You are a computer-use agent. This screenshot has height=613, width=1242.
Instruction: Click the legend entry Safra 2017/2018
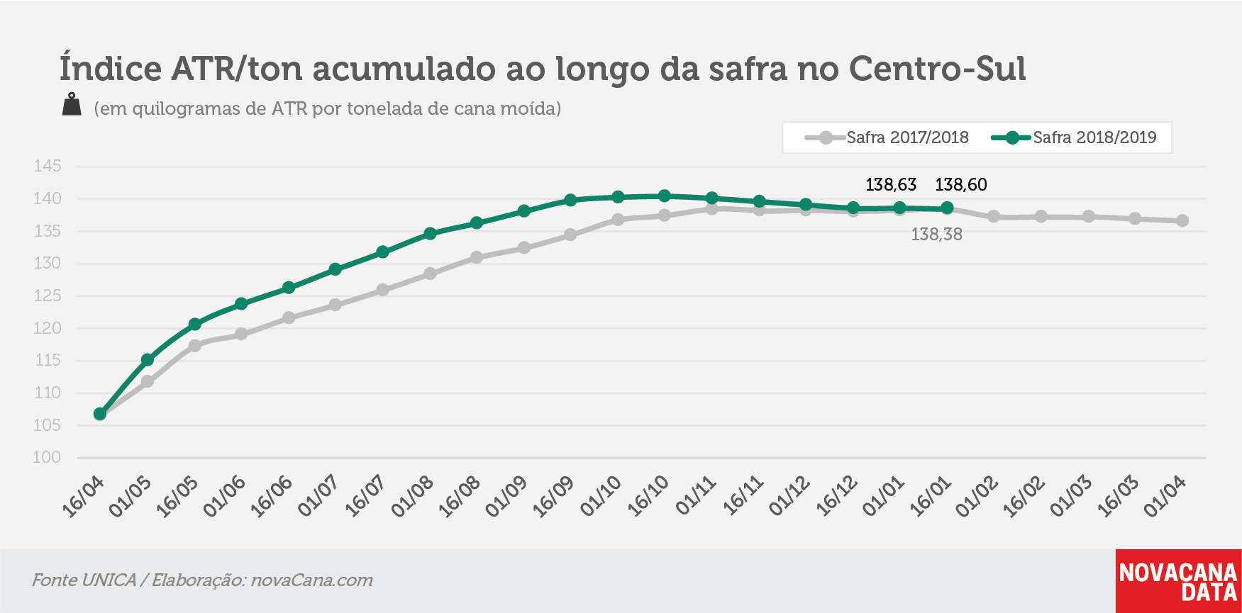pyautogui.click(x=887, y=137)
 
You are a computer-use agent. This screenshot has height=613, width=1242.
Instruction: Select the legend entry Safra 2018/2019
pyautogui.click(x=1074, y=137)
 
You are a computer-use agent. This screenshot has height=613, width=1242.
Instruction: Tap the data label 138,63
pyautogui.click(x=891, y=185)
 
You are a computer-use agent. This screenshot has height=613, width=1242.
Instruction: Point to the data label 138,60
pyautogui.click(x=961, y=185)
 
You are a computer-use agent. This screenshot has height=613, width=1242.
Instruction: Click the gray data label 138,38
pyautogui.click(x=936, y=235)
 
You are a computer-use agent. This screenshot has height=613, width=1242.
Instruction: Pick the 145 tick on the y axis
pyautogui.click(x=48, y=167)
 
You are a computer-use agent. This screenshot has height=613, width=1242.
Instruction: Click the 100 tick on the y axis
pyautogui.click(x=48, y=458)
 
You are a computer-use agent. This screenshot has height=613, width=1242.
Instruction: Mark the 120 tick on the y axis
pyautogui.click(x=48, y=328)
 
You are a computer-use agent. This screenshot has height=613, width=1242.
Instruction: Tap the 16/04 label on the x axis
pyautogui.click(x=84, y=496)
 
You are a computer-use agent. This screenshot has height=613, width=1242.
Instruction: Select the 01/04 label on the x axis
pyautogui.click(x=1165, y=496)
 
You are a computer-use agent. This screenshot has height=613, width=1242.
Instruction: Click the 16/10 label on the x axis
pyautogui.click(x=648, y=496)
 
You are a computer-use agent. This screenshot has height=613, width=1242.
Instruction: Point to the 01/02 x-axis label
pyautogui.click(x=977, y=496)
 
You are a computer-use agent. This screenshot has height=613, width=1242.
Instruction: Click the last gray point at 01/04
pyautogui.click(x=1182, y=221)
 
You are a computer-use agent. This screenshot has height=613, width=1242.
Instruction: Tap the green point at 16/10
pyautogui.click(x=665, y=196)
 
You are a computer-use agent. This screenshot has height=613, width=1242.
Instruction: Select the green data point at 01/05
pyautogui.click(x=148, y=360)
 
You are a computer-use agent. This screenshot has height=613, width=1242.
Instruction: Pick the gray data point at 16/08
pyautogui.click(x=477, y=257)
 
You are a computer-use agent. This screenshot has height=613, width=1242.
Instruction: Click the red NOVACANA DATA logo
pyautogui.click(x=1178, y=581)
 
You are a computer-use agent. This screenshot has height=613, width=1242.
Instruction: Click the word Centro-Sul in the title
pyautogui.click(x=938, y=69)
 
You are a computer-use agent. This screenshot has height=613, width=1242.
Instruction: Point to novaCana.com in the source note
pyautogui.click(x=312, y=580)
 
